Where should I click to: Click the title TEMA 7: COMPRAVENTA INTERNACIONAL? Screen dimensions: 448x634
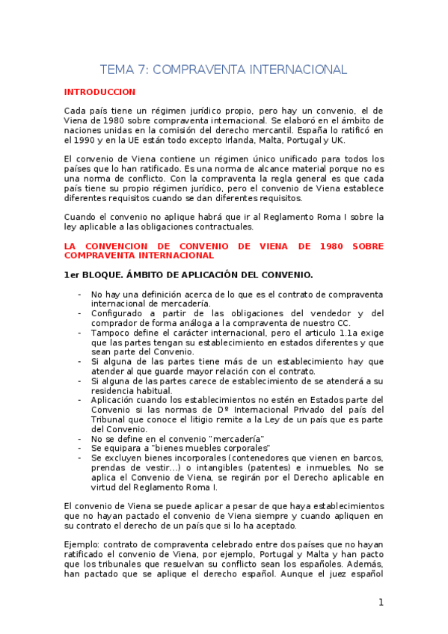click(224, 70)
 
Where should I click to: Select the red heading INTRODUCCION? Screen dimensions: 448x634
click(99, 92)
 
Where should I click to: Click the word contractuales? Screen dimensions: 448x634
click(218, 227)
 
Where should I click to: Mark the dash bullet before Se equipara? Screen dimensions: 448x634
click(80, 448)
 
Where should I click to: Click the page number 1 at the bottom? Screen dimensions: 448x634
click(380, 603)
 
